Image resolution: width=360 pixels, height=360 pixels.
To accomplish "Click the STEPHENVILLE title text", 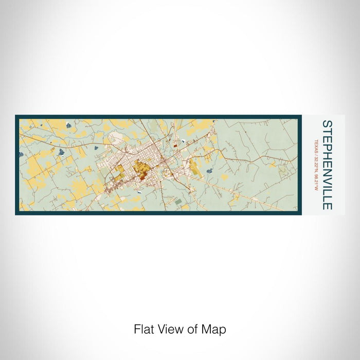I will [327, 165].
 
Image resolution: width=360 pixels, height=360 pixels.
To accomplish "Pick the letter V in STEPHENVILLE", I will [327, 182].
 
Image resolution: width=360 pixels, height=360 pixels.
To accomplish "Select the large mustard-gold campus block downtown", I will [139, 167].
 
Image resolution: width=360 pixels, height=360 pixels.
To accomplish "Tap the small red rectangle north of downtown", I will [174, 146].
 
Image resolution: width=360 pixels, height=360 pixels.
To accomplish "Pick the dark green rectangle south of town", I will [178, 202].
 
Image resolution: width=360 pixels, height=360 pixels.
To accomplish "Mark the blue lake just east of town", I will [209, 170].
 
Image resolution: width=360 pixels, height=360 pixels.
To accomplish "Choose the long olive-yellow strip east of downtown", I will [197, 168].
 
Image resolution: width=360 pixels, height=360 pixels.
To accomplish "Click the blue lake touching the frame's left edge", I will [21, 154].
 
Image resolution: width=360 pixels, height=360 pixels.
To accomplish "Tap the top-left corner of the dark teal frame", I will [16, 116].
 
